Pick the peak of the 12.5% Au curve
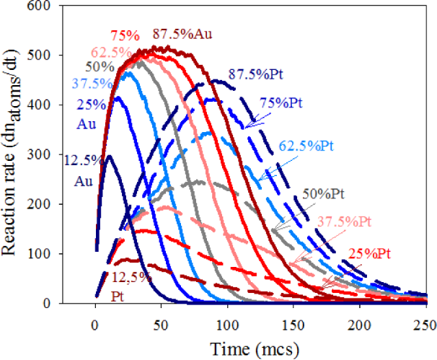tap(108, 157)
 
